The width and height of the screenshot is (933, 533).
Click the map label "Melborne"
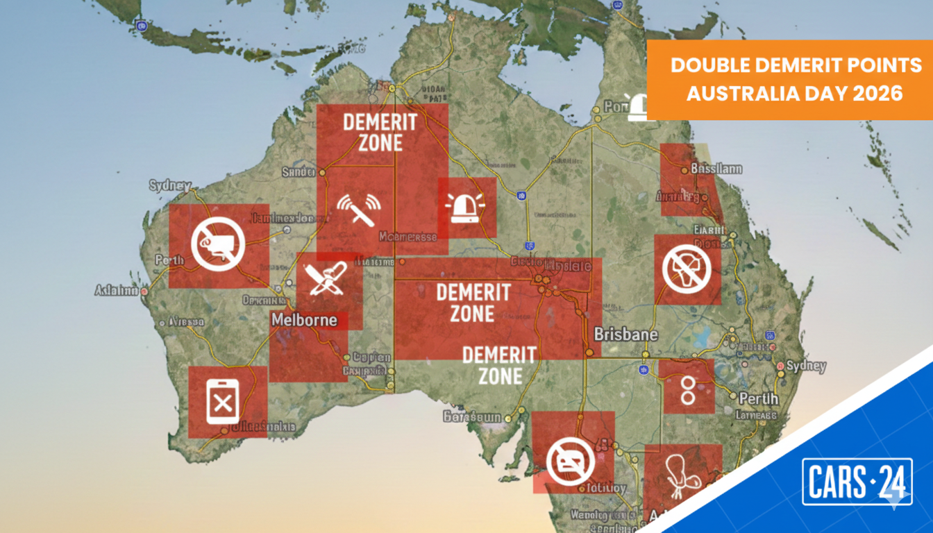304,321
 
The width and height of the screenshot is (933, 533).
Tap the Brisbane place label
625,335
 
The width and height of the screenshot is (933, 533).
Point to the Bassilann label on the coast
716,169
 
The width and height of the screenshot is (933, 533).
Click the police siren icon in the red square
467,208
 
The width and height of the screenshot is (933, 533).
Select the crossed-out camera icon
219,244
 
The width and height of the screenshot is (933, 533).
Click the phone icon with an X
222,402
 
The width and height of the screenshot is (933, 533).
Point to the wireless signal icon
359,208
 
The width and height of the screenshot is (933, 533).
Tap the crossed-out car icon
571,462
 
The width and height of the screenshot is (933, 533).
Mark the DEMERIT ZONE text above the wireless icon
380,132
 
